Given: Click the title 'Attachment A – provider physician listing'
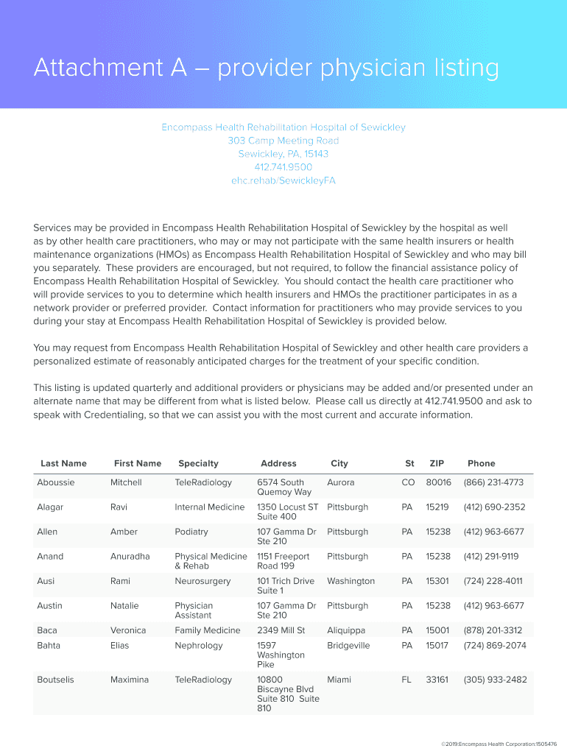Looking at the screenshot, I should click(x=266, y=68).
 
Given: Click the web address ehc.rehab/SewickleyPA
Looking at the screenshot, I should click(x=283, y=180).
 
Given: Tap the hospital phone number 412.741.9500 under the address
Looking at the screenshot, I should click(x=283, y=167).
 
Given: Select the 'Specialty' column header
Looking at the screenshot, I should click(x=198, y=463).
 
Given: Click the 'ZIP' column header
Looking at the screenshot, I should click(x=437, y=463).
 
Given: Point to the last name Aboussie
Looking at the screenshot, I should click(x=57, y=482).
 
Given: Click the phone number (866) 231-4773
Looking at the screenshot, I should click(x=493, y=482).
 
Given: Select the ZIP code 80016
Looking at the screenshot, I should click(x=438, y=482).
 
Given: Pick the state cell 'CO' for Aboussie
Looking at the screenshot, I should click(x=408, y=482).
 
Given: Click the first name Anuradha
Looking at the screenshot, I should click(x=130, y=557).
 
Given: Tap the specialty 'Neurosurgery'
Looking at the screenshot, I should click(x=203, y=581).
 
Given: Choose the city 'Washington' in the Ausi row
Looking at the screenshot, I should click(x=351, y=581).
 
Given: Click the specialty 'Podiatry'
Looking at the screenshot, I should click(x=191, y=532).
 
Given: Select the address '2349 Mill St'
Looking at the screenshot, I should click(x=281, y=630).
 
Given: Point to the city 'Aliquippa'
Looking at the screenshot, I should click(x=346, y=630).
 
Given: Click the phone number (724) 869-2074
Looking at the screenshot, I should click(x=495, y=646).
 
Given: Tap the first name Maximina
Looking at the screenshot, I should click(x=130, y=680).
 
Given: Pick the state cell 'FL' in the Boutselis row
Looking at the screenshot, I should click(x=406, y=680).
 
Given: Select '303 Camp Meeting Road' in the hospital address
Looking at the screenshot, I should click(x=283, y=141).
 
